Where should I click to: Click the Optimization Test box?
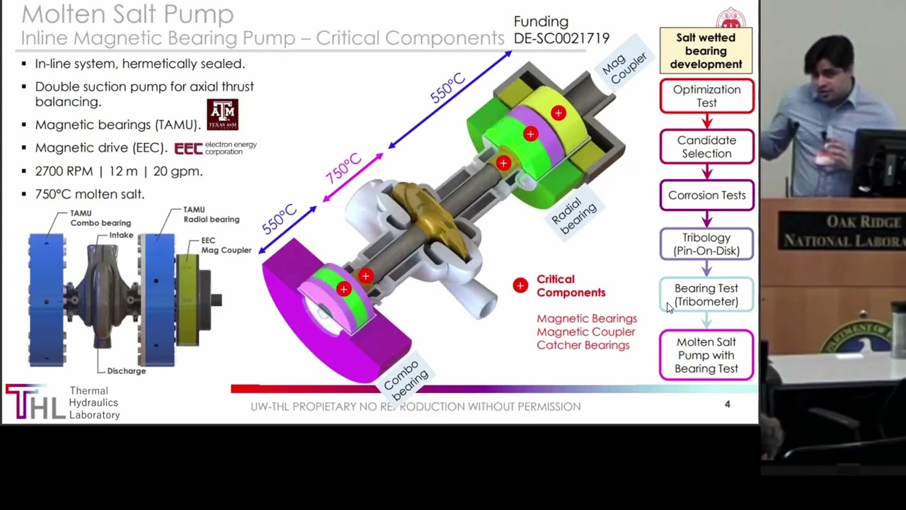(x=706, y=96)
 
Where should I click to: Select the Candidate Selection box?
(x=706, y=147)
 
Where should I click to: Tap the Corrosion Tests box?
(x=706, y=195)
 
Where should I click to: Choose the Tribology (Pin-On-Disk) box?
(x=706, y=244)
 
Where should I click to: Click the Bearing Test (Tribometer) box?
(x=706, y=295)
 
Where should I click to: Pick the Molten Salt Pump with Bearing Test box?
(x=706, y=356)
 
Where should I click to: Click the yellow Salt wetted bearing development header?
(x=706, y=51)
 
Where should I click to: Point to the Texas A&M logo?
(x=222, y=115)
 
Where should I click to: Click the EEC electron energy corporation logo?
(x=215, y=148)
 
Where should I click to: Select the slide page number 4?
(x=727, y=404)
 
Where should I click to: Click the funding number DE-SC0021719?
(x=561, y=38)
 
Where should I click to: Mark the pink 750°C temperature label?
(x=343, y=169)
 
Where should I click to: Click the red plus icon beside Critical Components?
(x=520, y=285)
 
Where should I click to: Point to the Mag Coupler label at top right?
(x=624, y=68)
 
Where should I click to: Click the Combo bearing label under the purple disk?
(x=406, y=379)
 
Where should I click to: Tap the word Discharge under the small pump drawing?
(x=126, y=371)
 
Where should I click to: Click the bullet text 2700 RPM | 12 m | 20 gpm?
(x=119, y=171)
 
